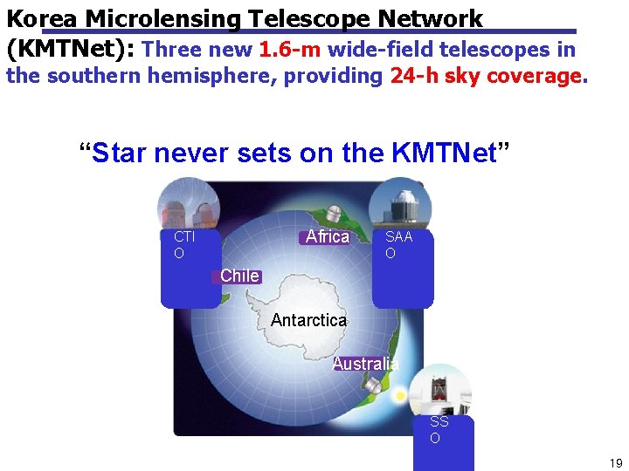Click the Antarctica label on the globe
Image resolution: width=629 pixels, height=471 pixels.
308,320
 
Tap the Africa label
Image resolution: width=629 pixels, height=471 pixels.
327,236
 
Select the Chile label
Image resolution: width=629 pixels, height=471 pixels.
239,276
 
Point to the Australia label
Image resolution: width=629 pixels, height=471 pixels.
366,364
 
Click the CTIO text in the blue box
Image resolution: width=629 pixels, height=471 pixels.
183,244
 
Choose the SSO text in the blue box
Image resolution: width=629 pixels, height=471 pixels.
439,429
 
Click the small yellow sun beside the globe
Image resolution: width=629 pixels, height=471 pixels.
400,395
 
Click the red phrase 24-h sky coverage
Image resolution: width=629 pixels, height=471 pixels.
486,76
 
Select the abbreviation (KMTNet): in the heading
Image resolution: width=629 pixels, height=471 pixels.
70,49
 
